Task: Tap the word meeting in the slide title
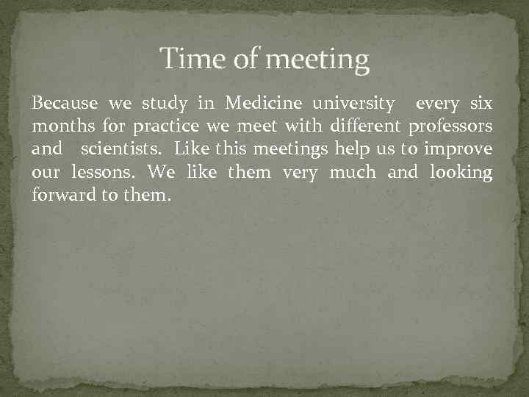pos(317,60)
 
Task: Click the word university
pos(351,104)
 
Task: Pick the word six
pos(480,102)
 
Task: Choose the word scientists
pos(123,149)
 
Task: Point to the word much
pos(353,173)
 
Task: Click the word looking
pos(459,174)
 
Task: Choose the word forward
pos(61,196)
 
